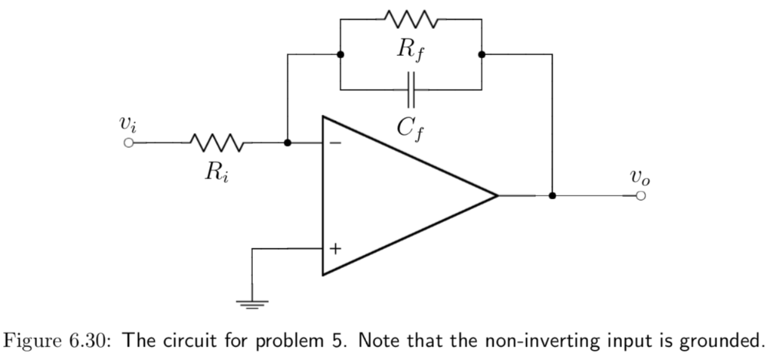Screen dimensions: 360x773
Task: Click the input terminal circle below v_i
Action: point(129,142)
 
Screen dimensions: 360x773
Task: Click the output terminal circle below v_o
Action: point(641,195)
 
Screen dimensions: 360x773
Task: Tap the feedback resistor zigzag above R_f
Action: point(411,17)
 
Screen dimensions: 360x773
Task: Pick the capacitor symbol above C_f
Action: point(411,89)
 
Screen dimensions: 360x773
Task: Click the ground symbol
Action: point(252,304)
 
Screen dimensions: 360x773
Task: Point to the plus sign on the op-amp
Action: point(334,248)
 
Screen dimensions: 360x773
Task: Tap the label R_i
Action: point(215,173)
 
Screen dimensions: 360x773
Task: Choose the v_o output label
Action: point(640,178)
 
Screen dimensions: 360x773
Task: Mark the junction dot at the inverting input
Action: point(287,142)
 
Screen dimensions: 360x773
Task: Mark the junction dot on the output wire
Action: point(553,195)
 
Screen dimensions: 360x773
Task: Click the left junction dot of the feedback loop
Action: point(340,54)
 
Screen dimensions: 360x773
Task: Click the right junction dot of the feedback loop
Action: point(482,54)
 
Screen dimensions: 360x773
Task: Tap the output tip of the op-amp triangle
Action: point(496,195)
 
